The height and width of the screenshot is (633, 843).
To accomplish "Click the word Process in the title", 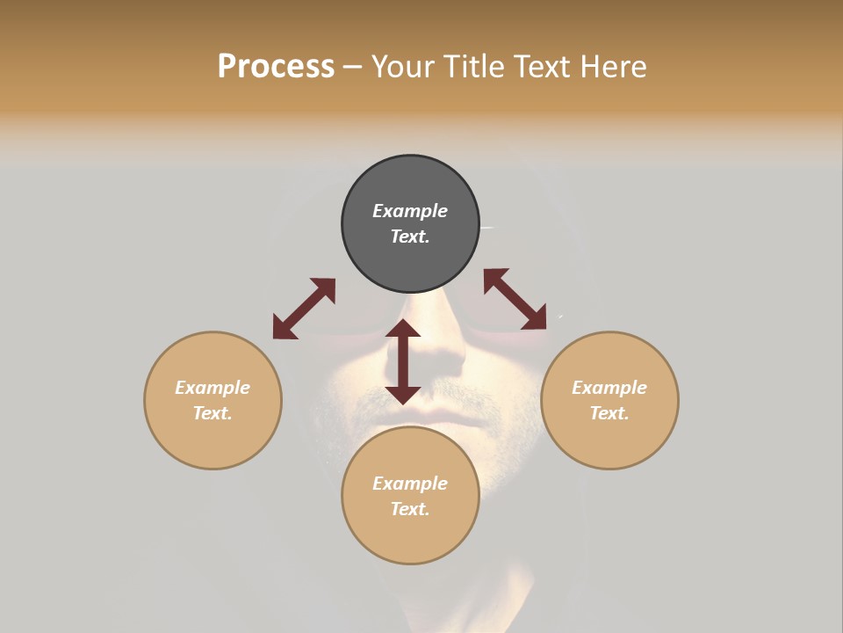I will tap(276, 67).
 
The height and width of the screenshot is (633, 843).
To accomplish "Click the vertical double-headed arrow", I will tap(403, 361).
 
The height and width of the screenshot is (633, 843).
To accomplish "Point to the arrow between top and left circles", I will tap(304, 309).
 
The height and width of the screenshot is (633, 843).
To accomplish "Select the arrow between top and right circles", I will tap(515, 300).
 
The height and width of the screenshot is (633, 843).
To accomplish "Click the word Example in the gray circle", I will tap(410, 211).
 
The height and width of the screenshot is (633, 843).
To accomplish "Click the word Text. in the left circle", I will tap(213, 413).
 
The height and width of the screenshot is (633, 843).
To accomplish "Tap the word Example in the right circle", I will tap(609, 388).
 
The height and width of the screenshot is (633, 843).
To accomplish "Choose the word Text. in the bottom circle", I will tap(410, 509).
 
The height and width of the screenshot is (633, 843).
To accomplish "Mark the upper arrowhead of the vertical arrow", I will tap(403, 329).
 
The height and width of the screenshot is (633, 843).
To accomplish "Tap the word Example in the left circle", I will tap(213, 388).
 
